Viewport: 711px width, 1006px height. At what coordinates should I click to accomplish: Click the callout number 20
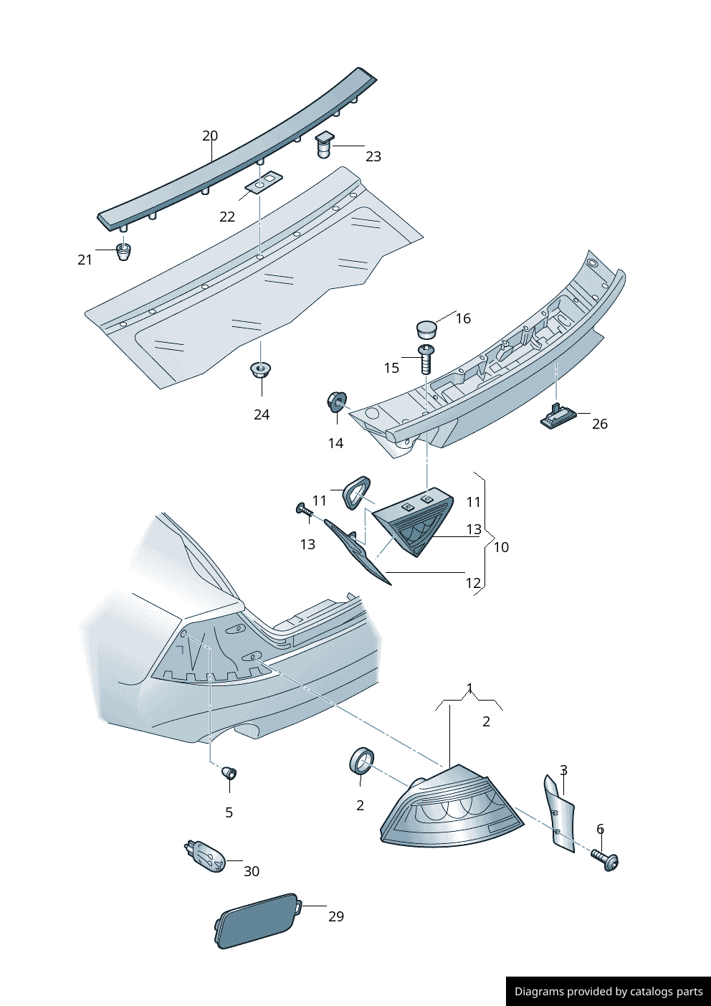pyautogui.click(x=209, y=136)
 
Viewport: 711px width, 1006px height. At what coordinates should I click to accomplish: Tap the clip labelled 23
pyautogui.click(x=325, y=145)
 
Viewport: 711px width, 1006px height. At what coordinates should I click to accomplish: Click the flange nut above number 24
pyautogui.click(x=261, y=369)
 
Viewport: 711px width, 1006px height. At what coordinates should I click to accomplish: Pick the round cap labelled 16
pyautogui.click(x=426, y=329)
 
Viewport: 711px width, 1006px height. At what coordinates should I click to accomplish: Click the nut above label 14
pyautogui.click(x=337, y=402)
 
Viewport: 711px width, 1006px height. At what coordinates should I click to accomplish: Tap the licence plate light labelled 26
pyautogui.click(x=558, y=416)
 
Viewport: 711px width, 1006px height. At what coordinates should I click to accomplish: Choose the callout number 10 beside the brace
pyautogui.click(x=501, y=547)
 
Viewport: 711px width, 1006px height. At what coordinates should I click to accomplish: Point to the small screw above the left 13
pyautogui.click(x=305, y=510)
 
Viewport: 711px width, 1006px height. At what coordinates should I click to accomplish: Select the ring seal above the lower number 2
pyautogui.click(x=361, y=760)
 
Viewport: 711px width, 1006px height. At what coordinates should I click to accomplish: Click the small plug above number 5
pyautogui.click(x=230, y=773)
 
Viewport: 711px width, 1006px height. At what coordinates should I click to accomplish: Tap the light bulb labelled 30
pyautogui.click(x=205, y=857)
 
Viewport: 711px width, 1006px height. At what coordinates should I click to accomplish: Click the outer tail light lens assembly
pyautogui.click(x=451, y=808)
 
